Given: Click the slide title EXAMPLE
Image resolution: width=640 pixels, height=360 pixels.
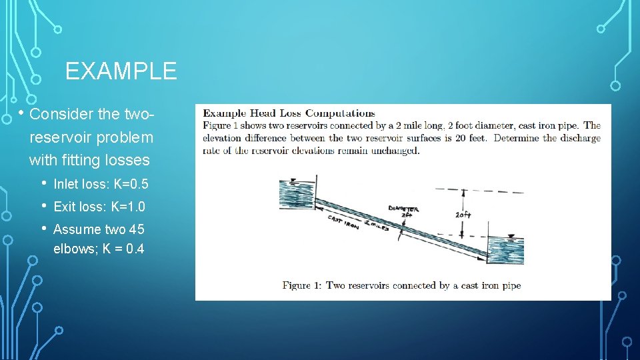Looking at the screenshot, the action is tap(121, 71).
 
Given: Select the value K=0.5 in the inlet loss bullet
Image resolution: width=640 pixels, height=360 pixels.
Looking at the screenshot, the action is tap(131, 184).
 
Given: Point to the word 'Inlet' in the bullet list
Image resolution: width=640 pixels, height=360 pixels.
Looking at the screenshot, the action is tap(65, 184).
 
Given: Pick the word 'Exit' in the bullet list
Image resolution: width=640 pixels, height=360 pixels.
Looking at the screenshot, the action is tap(63, 207).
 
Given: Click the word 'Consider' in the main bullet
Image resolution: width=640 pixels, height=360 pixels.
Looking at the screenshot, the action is tap(62, 114).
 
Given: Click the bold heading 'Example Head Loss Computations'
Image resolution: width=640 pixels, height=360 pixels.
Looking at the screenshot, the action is tap(289, 113).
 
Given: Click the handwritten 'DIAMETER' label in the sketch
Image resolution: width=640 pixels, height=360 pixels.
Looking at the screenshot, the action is tap(403, 209).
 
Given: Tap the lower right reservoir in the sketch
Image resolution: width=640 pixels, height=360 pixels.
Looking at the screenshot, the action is tap(505, 250).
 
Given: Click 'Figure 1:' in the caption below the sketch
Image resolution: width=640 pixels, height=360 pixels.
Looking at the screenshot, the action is tap(302, 285).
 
